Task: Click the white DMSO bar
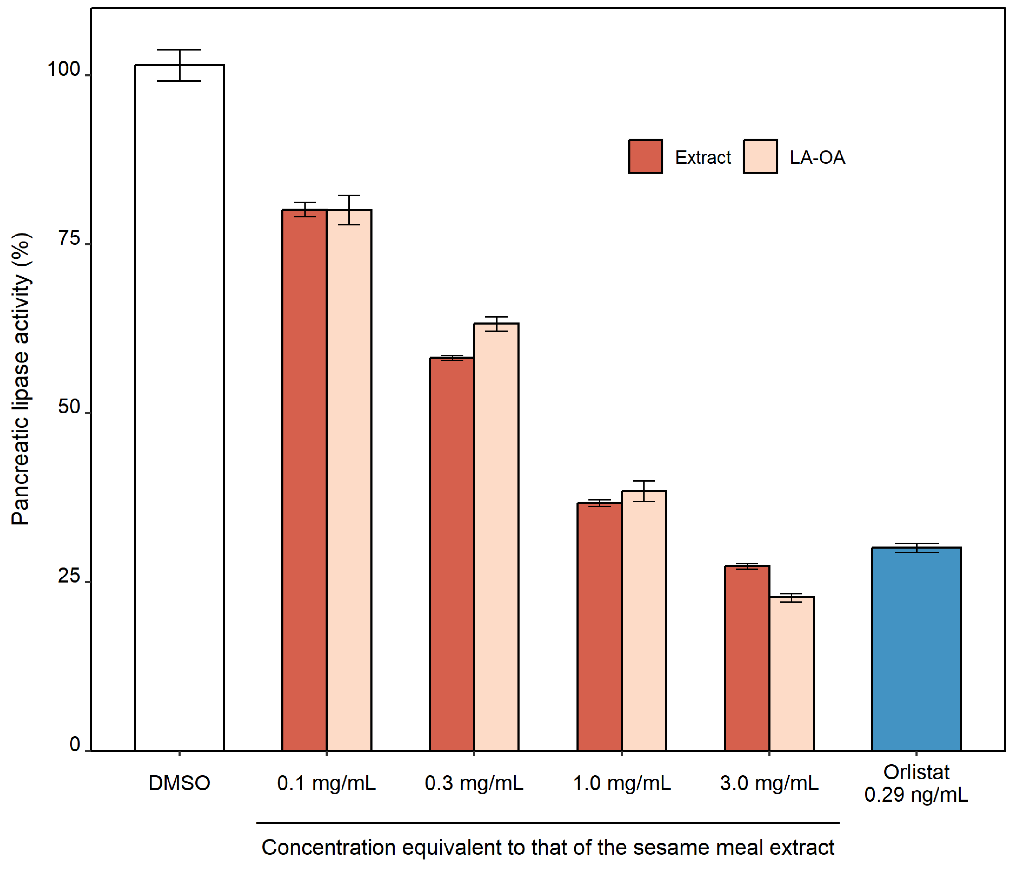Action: tap(179, 407)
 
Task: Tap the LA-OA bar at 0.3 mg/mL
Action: tap(496, 537)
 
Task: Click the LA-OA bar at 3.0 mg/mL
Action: tap(791, 673)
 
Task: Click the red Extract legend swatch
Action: tap(645, 157)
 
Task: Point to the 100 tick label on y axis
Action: tap(63, 70)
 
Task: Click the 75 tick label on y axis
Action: tap(69, 239)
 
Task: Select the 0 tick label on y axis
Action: tap(75, 745)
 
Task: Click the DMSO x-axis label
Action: tap(179, 783)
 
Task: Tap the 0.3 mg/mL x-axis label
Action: tap(474, 783)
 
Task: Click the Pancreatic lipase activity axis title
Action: tap(21, 379)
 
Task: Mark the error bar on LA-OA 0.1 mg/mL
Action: tap(349, 210)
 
